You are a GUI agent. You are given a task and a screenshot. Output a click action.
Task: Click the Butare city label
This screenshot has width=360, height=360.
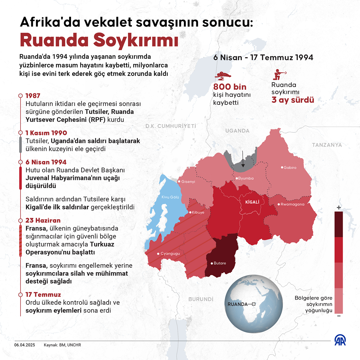click(x=220, y=263)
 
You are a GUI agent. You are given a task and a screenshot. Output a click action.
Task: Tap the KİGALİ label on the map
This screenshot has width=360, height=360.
click(x=252, y=202)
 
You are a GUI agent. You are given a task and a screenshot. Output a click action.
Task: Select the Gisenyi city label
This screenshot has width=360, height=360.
click(x=188, y=182)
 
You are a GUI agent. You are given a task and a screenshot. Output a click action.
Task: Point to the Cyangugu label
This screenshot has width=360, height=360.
click(x=170, y=254)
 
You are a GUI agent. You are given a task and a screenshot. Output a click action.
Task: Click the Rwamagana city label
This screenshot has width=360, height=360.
click(x=292, y=204)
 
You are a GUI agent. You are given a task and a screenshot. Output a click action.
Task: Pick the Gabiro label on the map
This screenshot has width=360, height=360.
click(x=290, y=167)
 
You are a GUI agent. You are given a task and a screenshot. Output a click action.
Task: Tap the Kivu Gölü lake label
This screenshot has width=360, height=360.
click(x=170, y=197)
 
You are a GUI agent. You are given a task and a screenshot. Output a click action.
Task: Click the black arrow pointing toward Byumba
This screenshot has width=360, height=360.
click(x=243, y=160)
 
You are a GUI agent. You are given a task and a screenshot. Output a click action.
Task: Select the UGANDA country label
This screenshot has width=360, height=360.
click(x=237, y=131)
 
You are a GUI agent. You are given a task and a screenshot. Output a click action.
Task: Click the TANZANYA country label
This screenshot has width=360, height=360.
click(x=327, y=145)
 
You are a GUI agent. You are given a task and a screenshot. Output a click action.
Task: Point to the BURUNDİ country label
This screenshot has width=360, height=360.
click(x=201, y=299)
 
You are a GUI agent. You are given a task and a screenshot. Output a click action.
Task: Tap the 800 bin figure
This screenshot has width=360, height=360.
click(x=230, y=87)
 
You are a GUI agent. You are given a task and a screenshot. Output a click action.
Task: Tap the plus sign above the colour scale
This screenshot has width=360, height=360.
click(x=338, y=208)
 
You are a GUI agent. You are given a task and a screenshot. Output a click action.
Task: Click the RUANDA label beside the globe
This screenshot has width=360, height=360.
click(x=237, y=304)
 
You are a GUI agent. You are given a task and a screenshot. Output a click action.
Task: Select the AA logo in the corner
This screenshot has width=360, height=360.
click(x=340, y=340)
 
